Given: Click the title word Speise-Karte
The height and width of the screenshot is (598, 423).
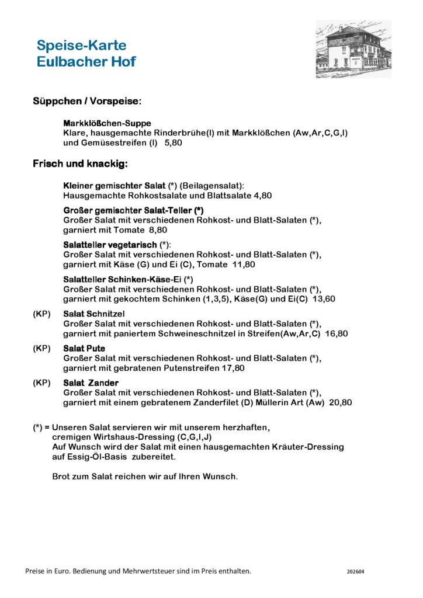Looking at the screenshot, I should coord(81,46).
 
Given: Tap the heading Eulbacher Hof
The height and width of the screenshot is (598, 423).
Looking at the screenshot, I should coord(86,62).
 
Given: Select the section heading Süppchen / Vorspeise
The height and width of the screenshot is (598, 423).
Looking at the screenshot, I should coord(86,102).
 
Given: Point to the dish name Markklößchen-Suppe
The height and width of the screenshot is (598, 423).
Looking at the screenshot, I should coord(107,123).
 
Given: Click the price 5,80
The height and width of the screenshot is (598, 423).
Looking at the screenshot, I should coord(174,142).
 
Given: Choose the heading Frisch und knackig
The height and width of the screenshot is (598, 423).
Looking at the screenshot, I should coord(80,164).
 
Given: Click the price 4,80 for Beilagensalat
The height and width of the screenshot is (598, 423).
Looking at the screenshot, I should coord(263,196).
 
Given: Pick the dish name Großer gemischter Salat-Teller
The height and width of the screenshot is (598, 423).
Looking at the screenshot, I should coord(133,210).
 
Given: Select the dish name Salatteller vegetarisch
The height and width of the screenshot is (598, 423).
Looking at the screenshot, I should coord(110,245).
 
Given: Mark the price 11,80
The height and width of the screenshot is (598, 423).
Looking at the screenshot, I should coord(244,265).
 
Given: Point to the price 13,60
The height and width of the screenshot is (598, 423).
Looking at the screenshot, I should coord(324,299).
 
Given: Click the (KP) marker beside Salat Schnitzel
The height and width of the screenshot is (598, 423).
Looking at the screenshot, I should coord(41,314).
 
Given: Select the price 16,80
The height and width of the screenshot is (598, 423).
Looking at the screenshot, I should coord(337,333).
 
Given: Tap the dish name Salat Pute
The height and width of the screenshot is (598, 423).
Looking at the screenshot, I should coord(84,349).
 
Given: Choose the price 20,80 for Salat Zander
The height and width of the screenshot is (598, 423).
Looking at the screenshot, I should coord(341,402).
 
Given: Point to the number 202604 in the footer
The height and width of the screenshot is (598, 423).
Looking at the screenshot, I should coord(355,572).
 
